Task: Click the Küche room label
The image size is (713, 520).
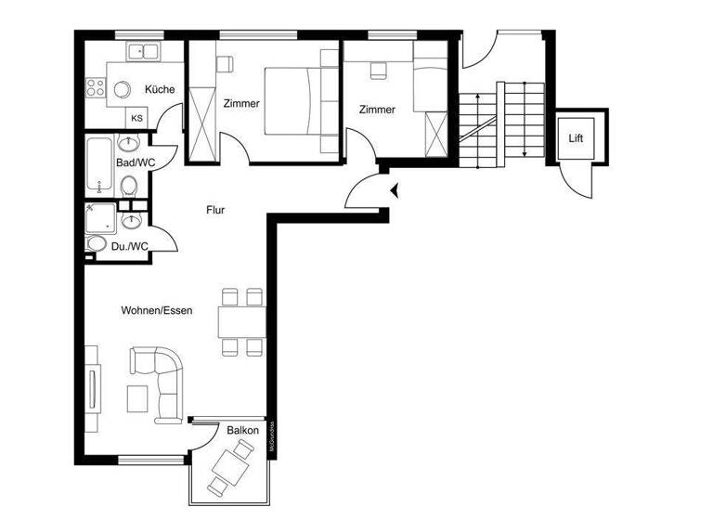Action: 159,90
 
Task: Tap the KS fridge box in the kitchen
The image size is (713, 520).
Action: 136,118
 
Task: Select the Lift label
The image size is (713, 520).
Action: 577,138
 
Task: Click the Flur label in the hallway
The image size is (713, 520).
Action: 215,210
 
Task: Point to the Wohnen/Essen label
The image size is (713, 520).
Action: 157,310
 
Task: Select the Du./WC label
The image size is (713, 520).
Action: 129,246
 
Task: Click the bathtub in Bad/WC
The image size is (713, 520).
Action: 99,167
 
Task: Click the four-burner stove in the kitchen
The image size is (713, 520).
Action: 96,88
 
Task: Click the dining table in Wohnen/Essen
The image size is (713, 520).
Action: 243,322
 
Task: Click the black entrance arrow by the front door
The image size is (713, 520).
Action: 396,191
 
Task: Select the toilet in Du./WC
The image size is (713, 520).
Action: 97,244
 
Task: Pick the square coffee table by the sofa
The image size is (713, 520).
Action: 137,397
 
